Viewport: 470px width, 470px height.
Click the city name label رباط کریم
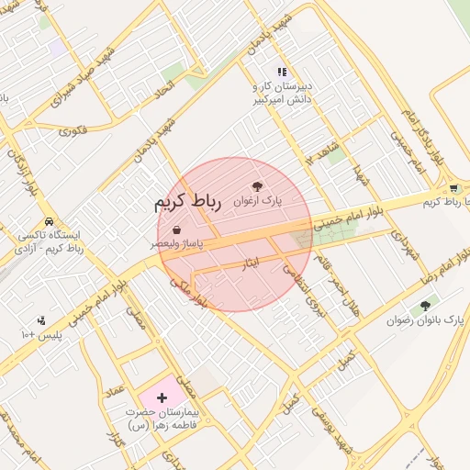[188, 202]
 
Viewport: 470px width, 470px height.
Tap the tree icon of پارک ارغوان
[257, 185]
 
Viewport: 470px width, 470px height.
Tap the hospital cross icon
[162, 397]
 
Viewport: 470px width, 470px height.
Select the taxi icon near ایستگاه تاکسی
[48, 222]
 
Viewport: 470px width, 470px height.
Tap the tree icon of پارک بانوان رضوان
[425, 305]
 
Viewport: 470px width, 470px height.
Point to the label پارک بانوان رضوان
[426, 320]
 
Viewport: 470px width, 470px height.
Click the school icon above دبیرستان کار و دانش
[282, 72]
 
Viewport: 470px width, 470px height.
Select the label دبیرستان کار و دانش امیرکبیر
[283, 92]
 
